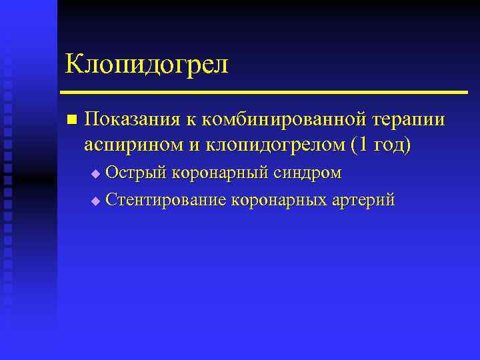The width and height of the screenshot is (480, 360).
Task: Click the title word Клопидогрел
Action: point(146,65)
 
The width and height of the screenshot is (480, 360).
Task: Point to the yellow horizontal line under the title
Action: point(263,91)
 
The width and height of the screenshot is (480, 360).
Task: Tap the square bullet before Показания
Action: point(71,119)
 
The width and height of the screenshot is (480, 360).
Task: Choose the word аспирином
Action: point(129,145)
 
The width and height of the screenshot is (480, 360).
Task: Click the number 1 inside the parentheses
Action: point(363,145)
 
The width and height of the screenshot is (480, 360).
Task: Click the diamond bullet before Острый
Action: point(95,174)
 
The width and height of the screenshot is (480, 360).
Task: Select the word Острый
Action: point(136,173)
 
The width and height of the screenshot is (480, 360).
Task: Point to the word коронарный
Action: point(220,173)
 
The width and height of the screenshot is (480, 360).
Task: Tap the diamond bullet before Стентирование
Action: point(95,200)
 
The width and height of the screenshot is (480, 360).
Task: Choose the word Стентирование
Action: point(166,199)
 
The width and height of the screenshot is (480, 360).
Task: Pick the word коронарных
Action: point(281,199)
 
